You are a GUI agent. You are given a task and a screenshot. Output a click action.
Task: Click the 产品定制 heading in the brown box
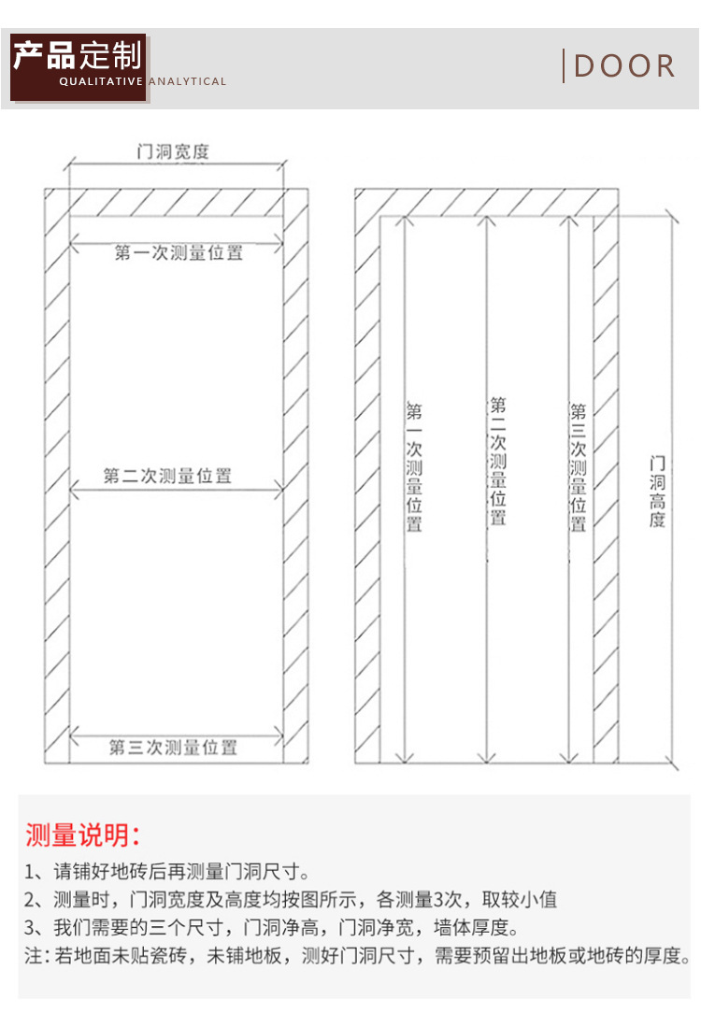click(78, 55)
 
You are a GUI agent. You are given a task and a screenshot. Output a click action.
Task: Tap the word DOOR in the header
click(624, 66)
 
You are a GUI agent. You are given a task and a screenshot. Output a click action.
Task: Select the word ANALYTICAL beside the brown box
click(188, 81)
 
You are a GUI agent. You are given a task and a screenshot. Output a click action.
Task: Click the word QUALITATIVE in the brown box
click(101, 81)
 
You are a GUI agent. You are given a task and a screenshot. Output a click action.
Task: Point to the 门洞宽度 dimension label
click(173, 151)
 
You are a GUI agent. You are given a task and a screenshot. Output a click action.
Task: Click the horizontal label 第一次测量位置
click(179, 252)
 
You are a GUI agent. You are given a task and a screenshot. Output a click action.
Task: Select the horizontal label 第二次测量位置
click(167, 477)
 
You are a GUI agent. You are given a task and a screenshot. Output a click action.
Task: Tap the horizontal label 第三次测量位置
click(173, 748)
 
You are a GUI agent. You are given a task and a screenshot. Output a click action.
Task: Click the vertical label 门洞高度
click(657, 492)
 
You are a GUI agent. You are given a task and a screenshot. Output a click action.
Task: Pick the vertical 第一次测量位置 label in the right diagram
click(414, 467)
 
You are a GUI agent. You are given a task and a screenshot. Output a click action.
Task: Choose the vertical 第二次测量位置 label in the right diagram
click(497, 461)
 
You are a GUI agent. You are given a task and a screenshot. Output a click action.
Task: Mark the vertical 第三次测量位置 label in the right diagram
click(578, 467)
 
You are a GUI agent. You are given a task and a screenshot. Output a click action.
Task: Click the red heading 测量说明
click(82, 835)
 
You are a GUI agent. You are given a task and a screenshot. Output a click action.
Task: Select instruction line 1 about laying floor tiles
click(167, 872)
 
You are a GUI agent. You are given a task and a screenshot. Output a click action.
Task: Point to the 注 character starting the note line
click(34, 955)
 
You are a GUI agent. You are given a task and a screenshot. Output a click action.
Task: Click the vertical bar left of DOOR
click(564, 66)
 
